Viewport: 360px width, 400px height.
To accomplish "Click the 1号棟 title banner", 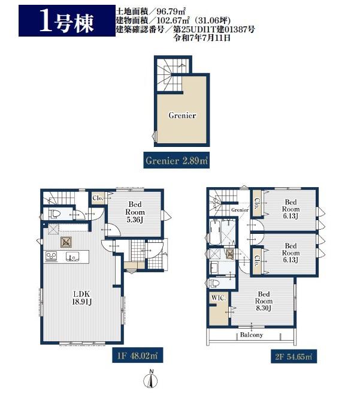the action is coord(67,20).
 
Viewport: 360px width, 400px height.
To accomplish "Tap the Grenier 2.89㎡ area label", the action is coord(176,161).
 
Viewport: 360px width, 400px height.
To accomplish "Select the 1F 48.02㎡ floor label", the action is coord(137,356).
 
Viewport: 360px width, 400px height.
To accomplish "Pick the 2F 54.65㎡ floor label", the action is coord(294,356).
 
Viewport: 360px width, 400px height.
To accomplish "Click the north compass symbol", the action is coord(150,380).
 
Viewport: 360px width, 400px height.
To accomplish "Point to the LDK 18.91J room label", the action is coord(82,298).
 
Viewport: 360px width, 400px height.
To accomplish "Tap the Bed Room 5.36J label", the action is coord(135,212).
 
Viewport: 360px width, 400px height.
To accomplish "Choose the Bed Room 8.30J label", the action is coord(264,301).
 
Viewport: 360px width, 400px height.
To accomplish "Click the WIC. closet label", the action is coord(219,298).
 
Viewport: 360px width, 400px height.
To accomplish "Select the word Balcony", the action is coord(251,335).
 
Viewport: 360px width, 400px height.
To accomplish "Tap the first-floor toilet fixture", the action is coord(53,213).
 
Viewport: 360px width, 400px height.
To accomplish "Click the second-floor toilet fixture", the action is coord(214,283).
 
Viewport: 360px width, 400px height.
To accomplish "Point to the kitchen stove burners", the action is coord(51,256).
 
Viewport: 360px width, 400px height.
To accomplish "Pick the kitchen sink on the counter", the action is coord(72,257).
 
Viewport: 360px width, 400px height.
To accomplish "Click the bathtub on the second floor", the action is coord(215,232).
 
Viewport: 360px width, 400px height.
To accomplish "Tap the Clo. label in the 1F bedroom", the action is coord(97,198).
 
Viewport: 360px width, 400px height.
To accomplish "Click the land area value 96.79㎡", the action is coord(171,11).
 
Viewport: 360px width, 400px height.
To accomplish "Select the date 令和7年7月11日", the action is coord(202,38).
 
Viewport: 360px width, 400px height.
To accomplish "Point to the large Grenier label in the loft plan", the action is coord(182,115).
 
